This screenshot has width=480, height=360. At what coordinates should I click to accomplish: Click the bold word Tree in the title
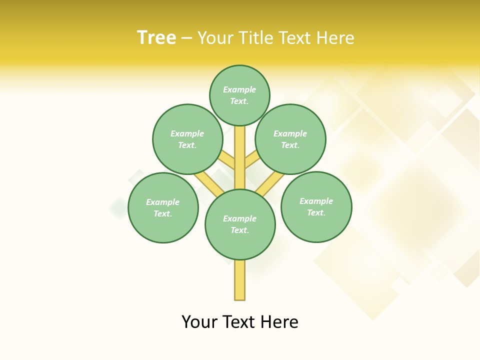click(x=156, y=37)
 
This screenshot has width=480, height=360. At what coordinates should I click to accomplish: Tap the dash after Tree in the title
click(x=186, y=38)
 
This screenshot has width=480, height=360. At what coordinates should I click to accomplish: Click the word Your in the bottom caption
click(x=200, y=322)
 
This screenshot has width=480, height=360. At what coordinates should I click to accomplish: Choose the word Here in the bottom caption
click(x=279, y=322)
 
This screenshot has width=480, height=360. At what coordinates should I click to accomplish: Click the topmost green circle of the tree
click(x=239, y=95)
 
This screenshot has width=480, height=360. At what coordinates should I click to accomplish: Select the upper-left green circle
click(x=187, y=139)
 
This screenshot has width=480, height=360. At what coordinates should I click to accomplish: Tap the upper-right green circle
click(x=290, y=139)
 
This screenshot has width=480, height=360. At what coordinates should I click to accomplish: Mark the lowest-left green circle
click(x=163, y=207)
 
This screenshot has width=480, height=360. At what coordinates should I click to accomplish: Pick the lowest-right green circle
click(x=316, y=206)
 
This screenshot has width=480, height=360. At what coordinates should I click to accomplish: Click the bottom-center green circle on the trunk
click(x=240, y=224)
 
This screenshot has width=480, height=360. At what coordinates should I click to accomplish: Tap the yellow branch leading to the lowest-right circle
click(x=270, y=184)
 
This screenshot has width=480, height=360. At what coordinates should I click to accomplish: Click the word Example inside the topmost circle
click(x=239, y=89)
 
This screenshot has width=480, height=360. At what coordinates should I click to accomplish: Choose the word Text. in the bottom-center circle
click(x=239, y=230)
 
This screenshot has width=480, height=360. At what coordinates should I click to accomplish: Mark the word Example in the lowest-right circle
click(x=316, y=201)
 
